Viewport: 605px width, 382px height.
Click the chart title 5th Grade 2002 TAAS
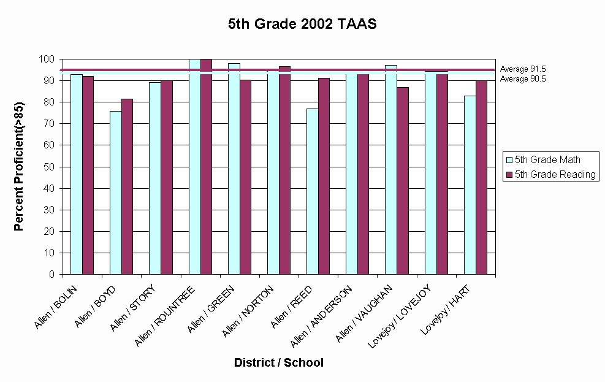(302, 25)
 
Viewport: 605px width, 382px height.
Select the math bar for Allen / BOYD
(116, 193)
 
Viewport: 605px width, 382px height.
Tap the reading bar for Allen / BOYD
(127, 186)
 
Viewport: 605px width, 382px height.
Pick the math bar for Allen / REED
(313, 191)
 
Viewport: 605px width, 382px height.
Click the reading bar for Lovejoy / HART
(481, 177)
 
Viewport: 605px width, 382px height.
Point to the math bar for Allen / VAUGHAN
(391, 169)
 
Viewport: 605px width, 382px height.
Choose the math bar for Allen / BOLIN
(77, 174)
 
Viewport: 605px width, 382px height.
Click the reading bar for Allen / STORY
(167, 177)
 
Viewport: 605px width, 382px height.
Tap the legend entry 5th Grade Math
(547, 160)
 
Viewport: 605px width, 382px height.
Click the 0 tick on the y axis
(52, 275)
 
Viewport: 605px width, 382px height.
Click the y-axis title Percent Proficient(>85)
(19, 167)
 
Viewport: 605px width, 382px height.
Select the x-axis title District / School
(279, 362)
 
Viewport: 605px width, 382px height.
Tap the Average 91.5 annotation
(523, 69)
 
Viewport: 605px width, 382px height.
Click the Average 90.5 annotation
(523, 78)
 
